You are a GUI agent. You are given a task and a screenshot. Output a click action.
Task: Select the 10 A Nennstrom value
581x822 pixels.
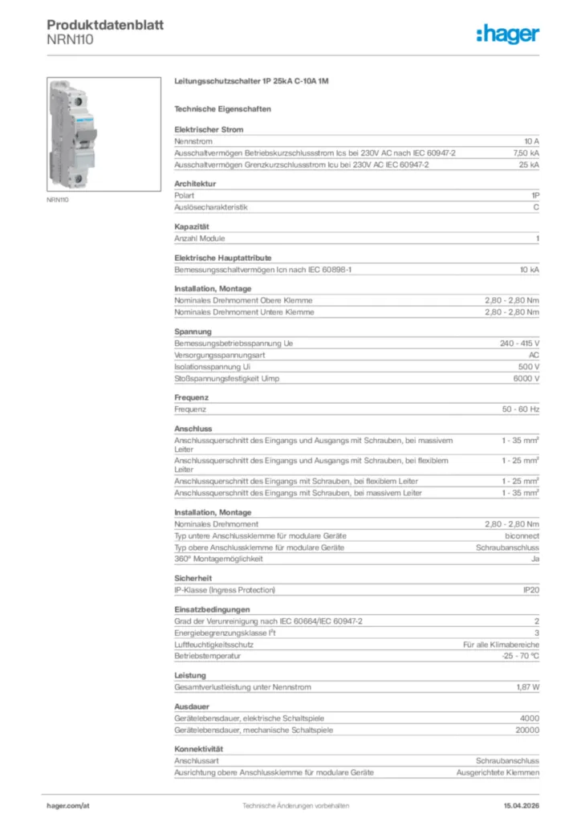[x=531, y=140]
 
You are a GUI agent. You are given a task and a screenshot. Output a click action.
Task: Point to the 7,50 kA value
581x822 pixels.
[x=526, y=153]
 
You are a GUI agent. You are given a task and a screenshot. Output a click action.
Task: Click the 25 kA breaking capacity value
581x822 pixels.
[x=529, y=165]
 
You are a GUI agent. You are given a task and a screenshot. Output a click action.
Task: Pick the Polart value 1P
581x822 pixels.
[x=534, y=195]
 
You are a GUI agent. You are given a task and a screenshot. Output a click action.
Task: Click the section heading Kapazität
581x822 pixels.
[x=192, y=226]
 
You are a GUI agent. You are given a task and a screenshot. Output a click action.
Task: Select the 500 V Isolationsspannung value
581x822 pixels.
[x=526, y=366]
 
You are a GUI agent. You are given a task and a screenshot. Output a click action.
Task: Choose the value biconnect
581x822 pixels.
[x=522, y=535]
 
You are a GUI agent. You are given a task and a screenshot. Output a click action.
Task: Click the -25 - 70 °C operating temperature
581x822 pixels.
[x=519, y=656]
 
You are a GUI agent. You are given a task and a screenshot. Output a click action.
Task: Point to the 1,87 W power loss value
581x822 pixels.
[x=527, y=687]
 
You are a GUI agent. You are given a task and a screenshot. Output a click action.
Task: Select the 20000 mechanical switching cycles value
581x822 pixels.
[x=526, y=730]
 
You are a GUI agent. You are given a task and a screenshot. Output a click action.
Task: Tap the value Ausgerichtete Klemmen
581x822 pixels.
[x=498, y=772]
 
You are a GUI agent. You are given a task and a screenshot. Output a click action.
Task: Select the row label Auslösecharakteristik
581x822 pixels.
[x=211, y=207]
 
